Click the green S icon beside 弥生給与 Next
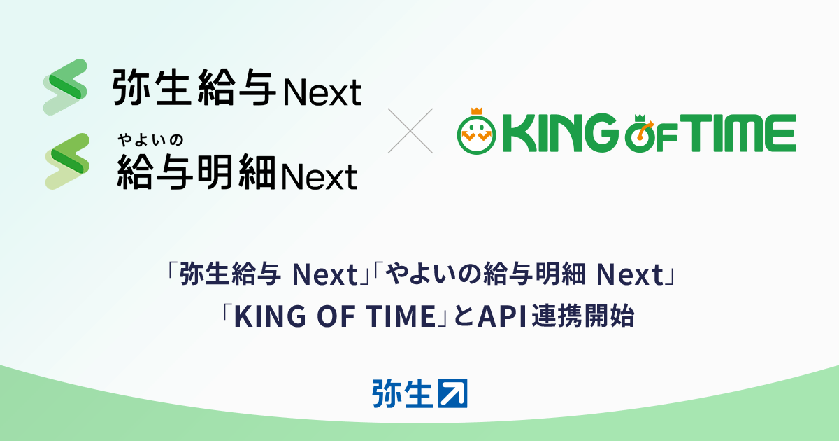(x=65, y=87)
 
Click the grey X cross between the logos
(x=410, y=130)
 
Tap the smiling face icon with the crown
(x=477, y=136)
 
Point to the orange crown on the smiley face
(x=478, y=111)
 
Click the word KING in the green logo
(x=559, y=135)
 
